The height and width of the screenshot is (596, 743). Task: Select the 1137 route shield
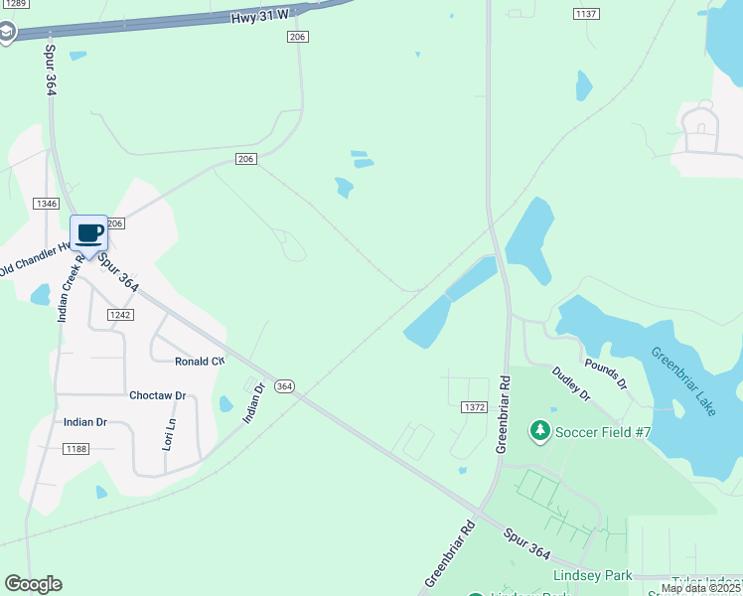(586, 13)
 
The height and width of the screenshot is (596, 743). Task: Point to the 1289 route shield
(12, 3)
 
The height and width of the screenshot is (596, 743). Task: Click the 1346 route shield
(46, 204)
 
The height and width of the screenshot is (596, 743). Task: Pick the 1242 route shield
(120, 314)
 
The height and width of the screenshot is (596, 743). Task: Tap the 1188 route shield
(75, 449)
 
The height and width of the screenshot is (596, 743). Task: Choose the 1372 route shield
(474, 406)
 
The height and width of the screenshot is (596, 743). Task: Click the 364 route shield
(284, 385)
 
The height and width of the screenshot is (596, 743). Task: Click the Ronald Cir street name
(200, 362)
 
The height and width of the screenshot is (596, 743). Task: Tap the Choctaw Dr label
(157, 395)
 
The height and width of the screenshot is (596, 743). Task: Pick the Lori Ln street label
(170, 434)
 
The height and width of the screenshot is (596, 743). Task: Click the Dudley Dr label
(571, 382)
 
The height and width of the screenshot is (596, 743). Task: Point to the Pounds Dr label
(605, 373)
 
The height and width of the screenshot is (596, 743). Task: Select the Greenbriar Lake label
(683, 381)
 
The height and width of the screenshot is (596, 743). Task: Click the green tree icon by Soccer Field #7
(539, 430)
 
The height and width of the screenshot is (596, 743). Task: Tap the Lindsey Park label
(592, 575)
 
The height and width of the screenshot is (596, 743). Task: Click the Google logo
(33, 584)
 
